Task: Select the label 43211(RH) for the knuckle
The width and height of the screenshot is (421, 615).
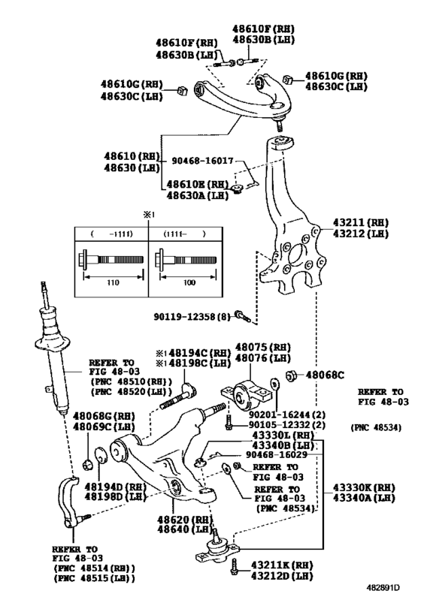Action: (359, 223)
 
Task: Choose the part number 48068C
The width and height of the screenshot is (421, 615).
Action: (325, 375)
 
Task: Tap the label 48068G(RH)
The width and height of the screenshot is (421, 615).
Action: (101, 414)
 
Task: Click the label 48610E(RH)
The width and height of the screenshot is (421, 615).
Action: (197, 184)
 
